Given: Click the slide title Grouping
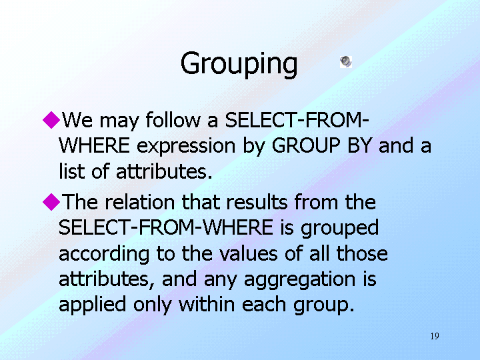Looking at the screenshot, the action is pyautogui.click(x=239, y=64).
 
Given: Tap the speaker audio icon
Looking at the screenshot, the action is pyautogui.click(x=346, y=62).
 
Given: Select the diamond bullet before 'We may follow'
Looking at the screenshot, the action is pyautogui.click(x=51, y=120).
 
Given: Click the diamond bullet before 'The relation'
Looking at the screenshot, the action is pyautogui.click(x=51, y=202).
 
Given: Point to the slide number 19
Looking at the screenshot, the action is pyautogui.click(x=435, y=336).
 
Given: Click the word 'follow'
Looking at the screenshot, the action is pyautogui.click(x=173, y=120).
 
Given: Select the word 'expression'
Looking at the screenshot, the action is pyautogui.click(x=186, y=147).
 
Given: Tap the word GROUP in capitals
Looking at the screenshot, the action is pyautogui.click(x=306, y=145).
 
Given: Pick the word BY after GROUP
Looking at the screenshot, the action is pyautogui.click(x=360, y=145).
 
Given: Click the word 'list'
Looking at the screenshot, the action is pyautogui.click(x=71, y=171).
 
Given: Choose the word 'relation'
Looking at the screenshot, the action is pyautogui.click(x=140, y=202).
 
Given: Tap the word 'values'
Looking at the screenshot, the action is pyautogui.click(x=248, y=253).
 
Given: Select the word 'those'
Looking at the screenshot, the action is pyautogui.click(x=362, y=253).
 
